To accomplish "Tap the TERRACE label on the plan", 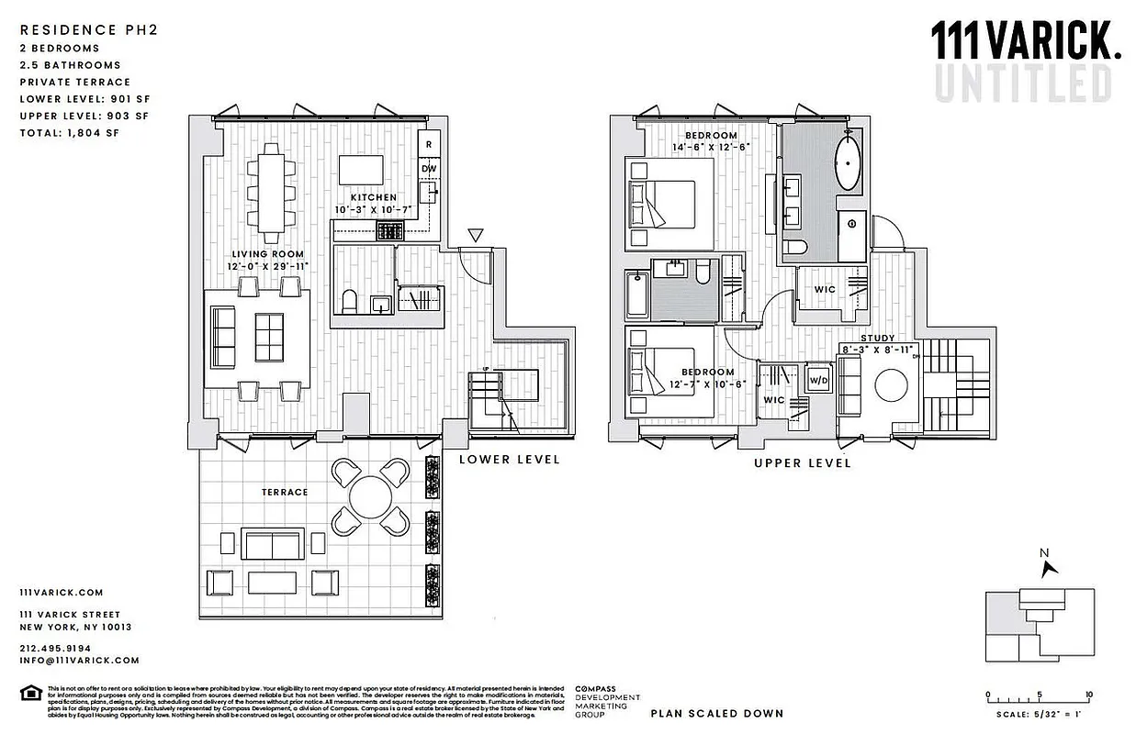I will tap(285, 493).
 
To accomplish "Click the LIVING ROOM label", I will tap(267, 254).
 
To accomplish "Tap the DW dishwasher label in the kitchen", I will tap(428, 169).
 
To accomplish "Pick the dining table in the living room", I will tap(271, 188).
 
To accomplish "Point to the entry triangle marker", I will tap(475, 236).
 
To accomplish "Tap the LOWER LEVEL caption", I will tap(509, 460).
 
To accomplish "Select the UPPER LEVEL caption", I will tap(802, 463).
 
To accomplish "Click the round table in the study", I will tap(892, 385).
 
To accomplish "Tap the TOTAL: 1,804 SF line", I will tap(69, 133).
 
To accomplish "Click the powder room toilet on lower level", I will tap(349, 301).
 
